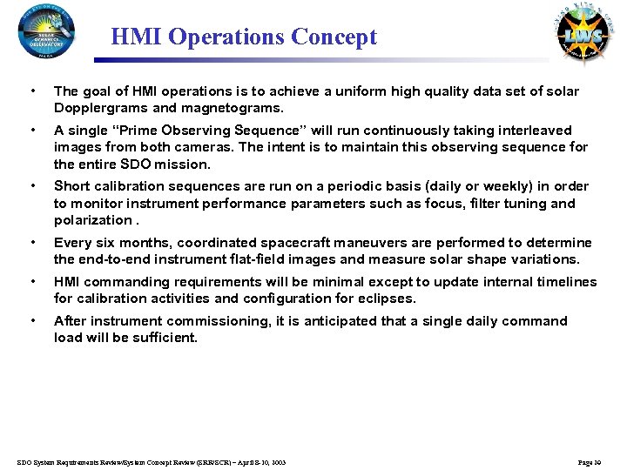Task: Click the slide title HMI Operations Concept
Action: point(244,37)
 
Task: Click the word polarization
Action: point(91,219)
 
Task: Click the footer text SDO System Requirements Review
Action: point(87,461)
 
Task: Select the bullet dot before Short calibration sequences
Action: point(32,186)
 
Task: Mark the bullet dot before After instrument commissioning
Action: point(32,321)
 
